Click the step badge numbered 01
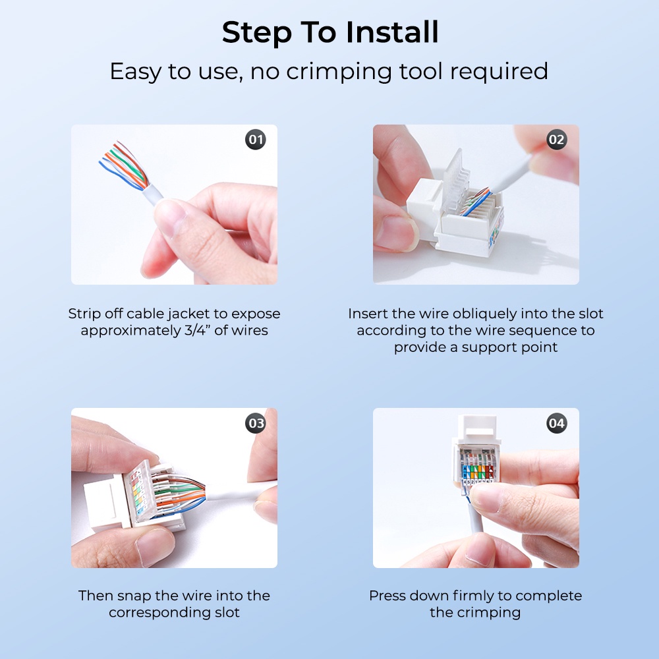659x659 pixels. (256, 140)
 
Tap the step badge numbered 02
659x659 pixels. (556, 140)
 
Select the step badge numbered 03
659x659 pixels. (256, 423)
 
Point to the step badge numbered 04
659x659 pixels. (556, 423)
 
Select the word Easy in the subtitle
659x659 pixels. (135, 72)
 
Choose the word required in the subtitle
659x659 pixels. (499, 72)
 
